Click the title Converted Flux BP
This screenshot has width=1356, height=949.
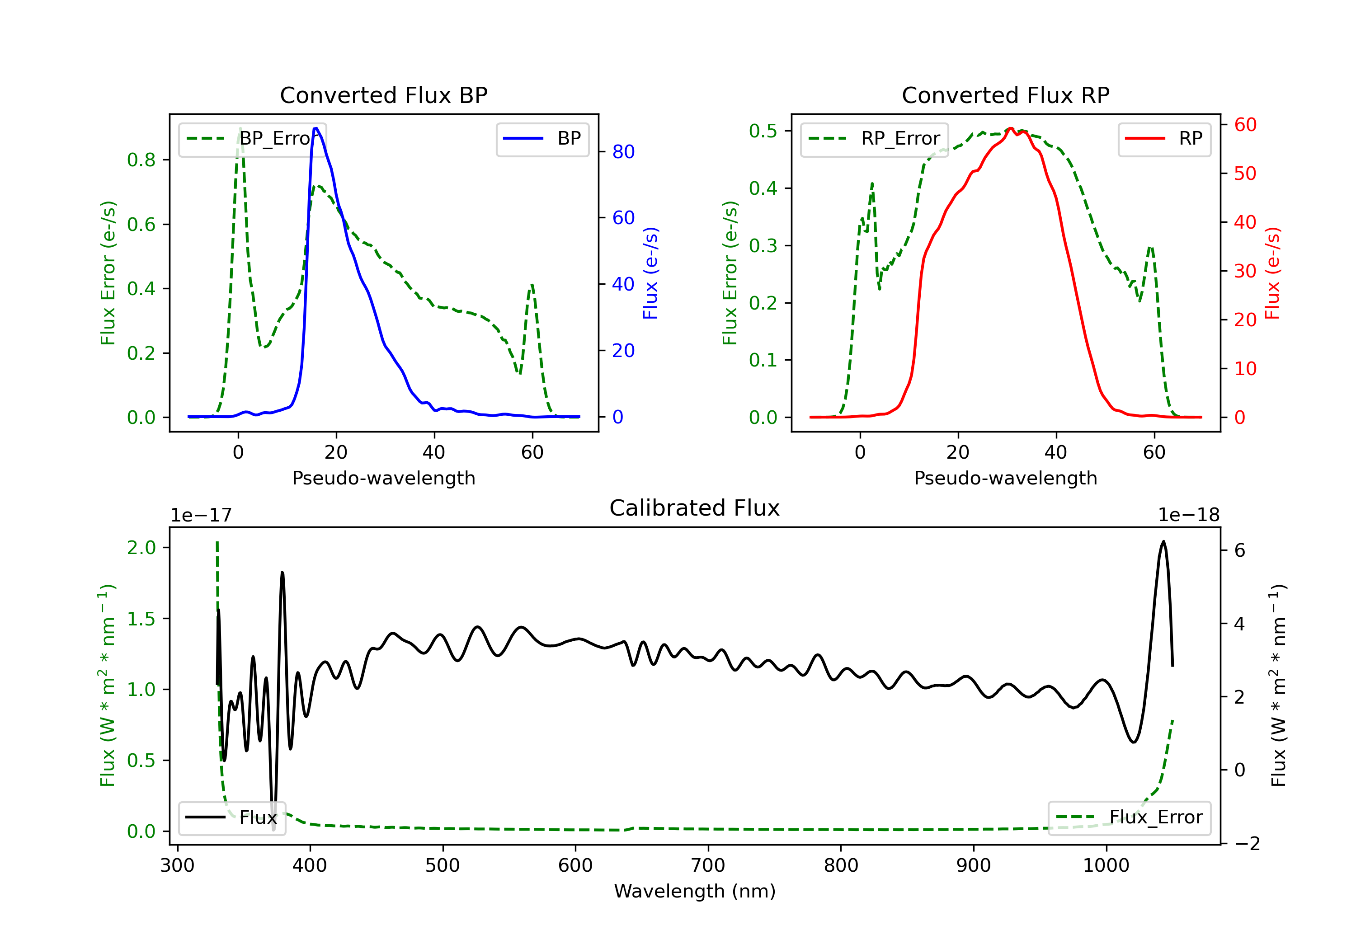[383, 95]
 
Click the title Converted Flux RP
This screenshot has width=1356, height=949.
[1005, 95]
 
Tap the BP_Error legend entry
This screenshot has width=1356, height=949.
[253, 139]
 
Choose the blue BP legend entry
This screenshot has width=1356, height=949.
[541, 139]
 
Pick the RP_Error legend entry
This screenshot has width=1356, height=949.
[874, 139]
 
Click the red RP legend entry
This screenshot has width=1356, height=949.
[1163, 139]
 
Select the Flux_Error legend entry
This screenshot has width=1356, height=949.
[1129, 817]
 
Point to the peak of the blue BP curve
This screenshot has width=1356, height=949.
[316, 128]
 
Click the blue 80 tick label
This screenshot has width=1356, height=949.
[623, 152]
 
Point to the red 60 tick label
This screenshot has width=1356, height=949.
[1245, 125]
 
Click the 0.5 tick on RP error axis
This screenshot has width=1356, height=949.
[763, 131]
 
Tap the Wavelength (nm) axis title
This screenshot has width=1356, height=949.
[695, 891]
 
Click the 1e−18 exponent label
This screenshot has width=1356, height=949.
[1188, 515]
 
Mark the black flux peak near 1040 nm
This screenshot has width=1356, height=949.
[1163, 541]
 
